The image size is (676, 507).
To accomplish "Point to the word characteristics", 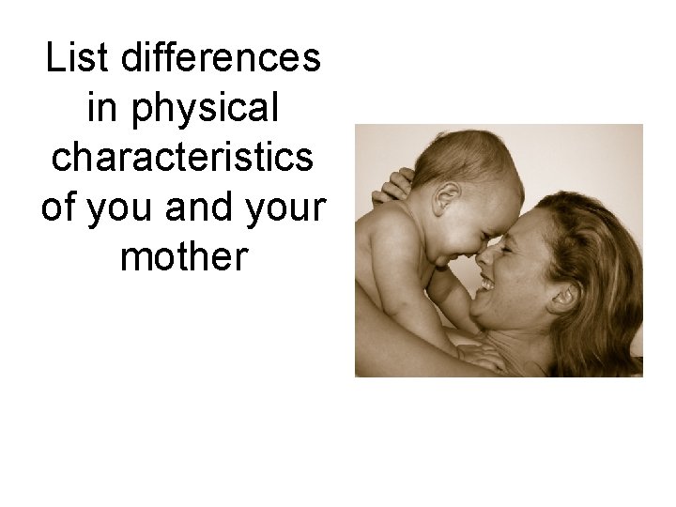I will (184, 160).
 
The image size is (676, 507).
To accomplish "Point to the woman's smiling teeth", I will (486, 279).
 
